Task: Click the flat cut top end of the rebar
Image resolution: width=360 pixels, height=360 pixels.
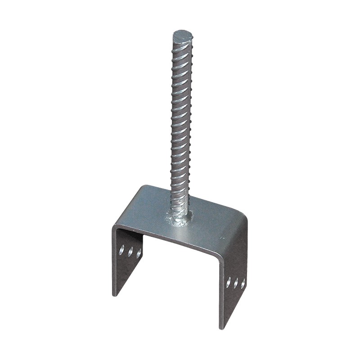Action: coord(183,35)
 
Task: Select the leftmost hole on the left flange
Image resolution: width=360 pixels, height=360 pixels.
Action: coord(121,250)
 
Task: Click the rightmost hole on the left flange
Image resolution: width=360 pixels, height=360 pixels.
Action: coord(139,253)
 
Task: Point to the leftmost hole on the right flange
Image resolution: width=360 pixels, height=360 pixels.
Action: coord(228,282)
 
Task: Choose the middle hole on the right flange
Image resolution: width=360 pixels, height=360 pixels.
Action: coord(236,283)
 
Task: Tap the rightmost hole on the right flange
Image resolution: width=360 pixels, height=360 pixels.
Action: coord(243,284)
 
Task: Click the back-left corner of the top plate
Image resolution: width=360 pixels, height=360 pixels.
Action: coord(143,187)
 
